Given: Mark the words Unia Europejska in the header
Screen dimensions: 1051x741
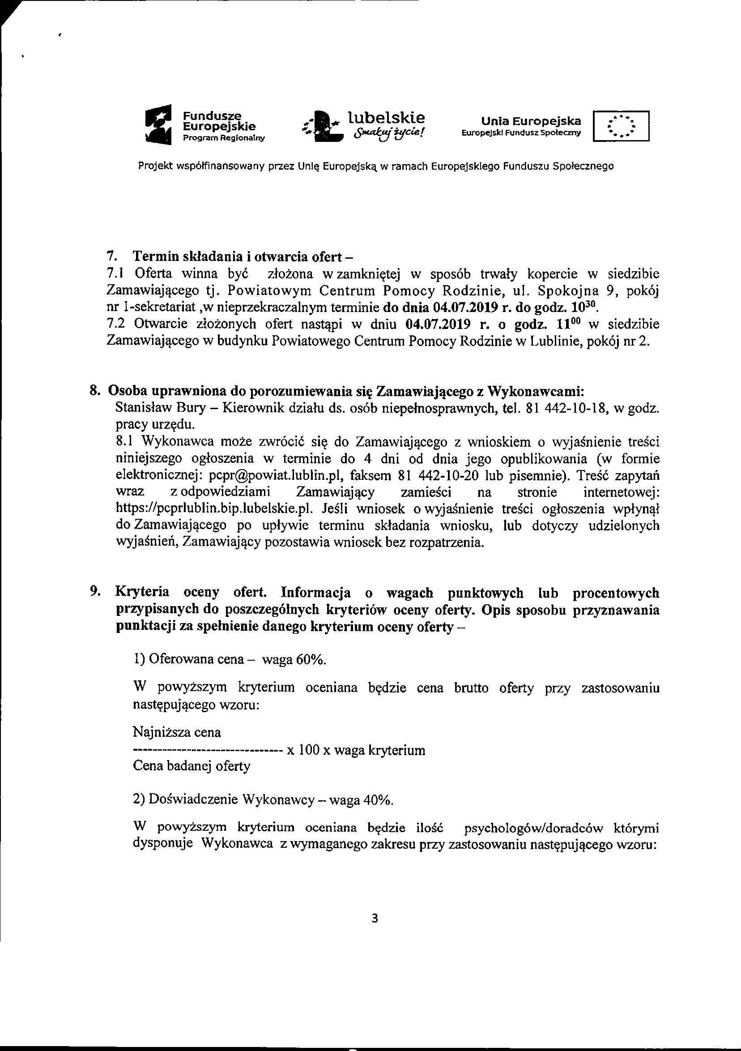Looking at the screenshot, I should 531,121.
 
